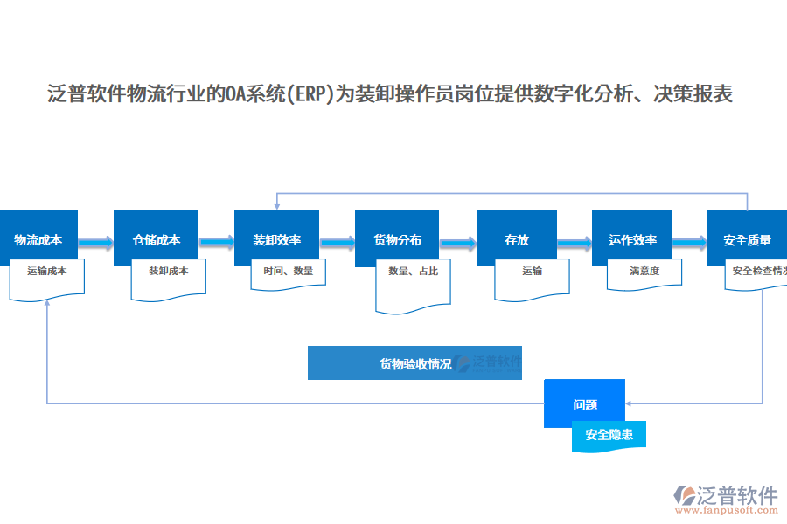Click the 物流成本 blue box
click(x=38, y=238)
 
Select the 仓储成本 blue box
click(x=157, y=238)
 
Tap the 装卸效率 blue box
click(x=277, y=238)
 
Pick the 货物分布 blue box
click(x=397, y=238)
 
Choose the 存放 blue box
click(x=516, y=238)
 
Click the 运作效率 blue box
click(x=632, y=238)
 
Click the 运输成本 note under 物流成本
click(x=47, y=272)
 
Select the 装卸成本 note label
click(x=168, y=272)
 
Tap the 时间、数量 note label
click(x=289, y=272)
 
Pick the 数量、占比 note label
click(x=413, y=272)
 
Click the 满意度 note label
click(x=644, y=272)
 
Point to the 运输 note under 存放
click(x=533, y=272)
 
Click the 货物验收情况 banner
click(x=414, y=363)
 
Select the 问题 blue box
click(x=584, y=403)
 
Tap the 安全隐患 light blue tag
click(x=609, y=434)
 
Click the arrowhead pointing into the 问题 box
click(x=630, y=403)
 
